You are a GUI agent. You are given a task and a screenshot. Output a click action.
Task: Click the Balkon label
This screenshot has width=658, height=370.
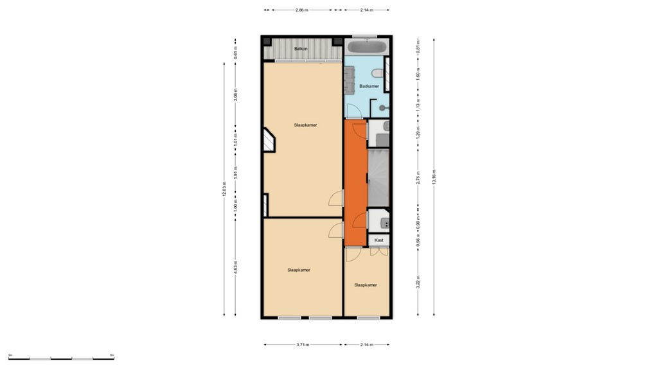[300, 49]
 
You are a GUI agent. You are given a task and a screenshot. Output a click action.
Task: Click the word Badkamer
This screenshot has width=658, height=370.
[369, 86]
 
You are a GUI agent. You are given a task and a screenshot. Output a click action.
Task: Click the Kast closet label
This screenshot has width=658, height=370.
[379, 240]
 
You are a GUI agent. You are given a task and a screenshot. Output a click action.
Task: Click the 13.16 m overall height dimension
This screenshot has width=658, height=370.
[434, 177]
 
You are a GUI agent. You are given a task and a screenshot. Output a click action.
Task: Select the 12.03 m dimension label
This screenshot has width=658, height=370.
[224, 189]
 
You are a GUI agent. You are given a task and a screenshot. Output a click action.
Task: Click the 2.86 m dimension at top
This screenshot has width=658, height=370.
[302, 10]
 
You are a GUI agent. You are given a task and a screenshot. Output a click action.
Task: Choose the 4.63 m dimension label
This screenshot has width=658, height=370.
[236, 268]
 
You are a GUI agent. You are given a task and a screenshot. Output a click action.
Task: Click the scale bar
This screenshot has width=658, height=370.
[61, 358]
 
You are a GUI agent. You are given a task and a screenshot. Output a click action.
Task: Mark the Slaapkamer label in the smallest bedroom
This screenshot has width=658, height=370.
[365, 285]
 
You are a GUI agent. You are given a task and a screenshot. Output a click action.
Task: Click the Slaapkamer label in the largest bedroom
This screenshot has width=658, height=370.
[305, 125]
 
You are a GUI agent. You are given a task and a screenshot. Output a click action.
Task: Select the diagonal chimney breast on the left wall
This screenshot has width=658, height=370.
[268, 139]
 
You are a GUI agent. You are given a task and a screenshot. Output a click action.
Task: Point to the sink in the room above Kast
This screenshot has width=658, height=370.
[384, 223]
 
